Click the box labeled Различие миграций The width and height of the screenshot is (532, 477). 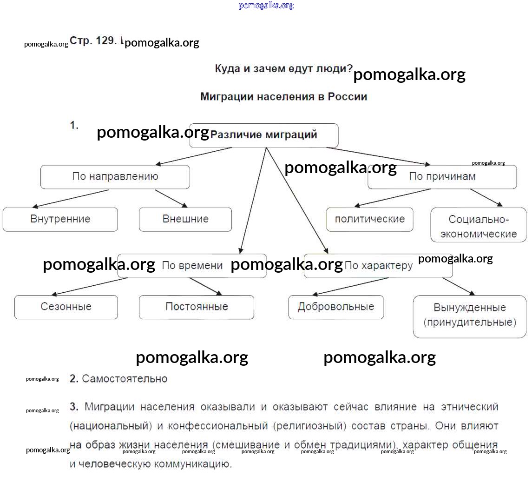tap(263, 135)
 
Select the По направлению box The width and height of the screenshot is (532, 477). tap(115, 177)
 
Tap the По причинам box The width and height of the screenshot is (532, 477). tap(442, 177)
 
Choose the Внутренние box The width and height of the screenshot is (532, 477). tap(60, 219)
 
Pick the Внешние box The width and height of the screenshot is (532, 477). tap(185, 219)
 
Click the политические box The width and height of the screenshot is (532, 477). tap(369, 219)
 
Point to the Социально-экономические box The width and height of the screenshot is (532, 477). tap(478, 226)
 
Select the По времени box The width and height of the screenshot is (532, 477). tap(192, 266)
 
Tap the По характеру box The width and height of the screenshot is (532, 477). tap(378, 266)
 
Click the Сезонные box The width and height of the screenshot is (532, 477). tap(66, 307)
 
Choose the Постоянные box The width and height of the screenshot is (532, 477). tap(197, 307)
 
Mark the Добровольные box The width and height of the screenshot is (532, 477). tap(336, 307)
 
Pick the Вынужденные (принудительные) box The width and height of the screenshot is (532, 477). tap(469, 315)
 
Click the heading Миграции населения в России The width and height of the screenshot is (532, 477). tap(283, 97)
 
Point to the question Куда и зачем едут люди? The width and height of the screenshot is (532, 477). tap(283, 69)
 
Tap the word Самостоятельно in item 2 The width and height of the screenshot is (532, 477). tap(125, 379)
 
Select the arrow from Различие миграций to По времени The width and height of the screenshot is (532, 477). tap(253, 200)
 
